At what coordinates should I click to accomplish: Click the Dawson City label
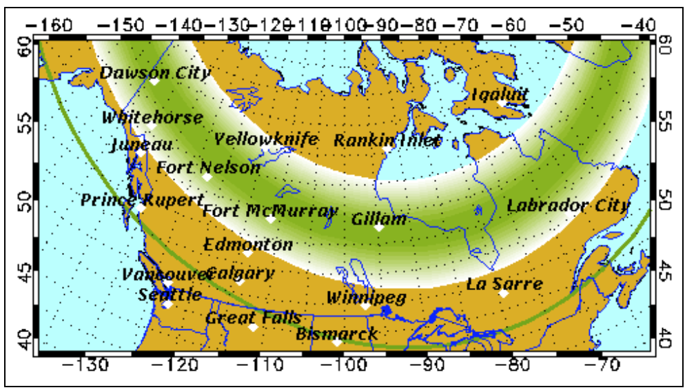(155, 72)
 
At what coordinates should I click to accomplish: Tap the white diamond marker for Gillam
(378, 227)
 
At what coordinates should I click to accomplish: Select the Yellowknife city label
(266, 139)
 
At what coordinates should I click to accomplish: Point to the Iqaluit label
(500, 94)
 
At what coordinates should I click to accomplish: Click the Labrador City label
(568, 205)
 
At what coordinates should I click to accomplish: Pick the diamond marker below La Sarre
(504, 294)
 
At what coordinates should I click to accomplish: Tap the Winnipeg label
(365, 298)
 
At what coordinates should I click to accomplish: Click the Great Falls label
(253, 318)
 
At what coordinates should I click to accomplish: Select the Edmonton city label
(248, 244)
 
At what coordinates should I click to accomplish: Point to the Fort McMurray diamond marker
(271, 219)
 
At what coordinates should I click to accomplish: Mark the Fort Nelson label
(208, 167)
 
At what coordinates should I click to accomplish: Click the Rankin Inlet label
(387, 141)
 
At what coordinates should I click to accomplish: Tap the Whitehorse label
(152, 118)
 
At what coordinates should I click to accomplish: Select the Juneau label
(141, 145)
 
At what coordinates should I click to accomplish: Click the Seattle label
(170, 295)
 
